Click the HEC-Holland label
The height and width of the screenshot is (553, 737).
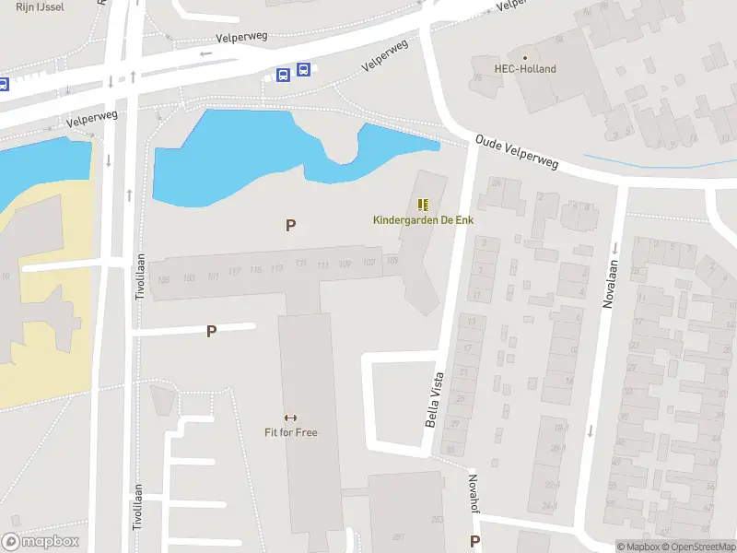[x=526, y=68]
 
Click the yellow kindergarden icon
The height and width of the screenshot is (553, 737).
[x=424, y=205]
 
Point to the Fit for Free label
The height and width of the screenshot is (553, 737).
[x=291, y=431]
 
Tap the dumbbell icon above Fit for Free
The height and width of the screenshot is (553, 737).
[x=291, y=418]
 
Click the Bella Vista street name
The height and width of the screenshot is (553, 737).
[x=435, y=398]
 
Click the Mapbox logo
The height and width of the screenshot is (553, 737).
[x=40, y=542]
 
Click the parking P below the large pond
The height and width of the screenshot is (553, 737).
[x=291, y=225]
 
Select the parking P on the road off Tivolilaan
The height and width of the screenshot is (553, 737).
[x=211, y=331]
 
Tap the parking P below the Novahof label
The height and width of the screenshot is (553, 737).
[x=475, y=541]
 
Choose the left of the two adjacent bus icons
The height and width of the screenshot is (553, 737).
[x=284, y=75]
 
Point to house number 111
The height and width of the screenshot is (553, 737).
[x=322, y=265]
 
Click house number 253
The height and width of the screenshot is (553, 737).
[x=437, y=520]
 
